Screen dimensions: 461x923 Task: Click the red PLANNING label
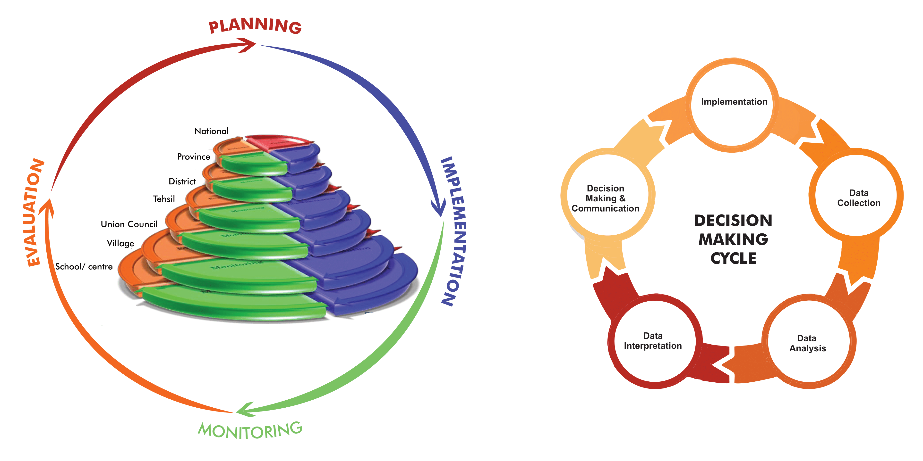pos(255,26)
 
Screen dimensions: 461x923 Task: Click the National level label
pos(211,131)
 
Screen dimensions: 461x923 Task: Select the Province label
pos(194,157)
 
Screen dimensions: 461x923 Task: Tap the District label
pos(182,181)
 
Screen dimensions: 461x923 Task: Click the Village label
pos(120,243)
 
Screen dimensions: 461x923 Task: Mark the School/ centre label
pos(84,267)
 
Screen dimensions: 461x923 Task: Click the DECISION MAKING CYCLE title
pos(733,239)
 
